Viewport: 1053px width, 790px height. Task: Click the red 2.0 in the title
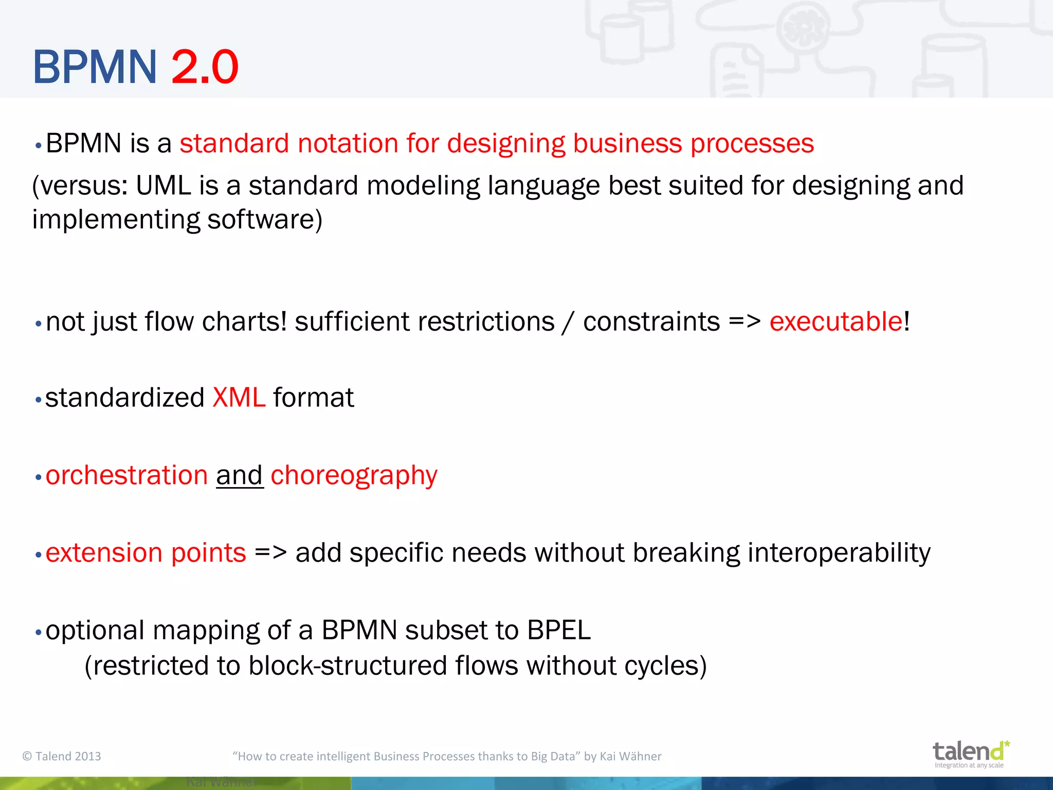(205, 67)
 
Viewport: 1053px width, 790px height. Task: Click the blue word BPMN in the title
(95, 67)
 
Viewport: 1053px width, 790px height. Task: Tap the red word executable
(836, 322)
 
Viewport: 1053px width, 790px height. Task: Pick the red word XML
(239, 398)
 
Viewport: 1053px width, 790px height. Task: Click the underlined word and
(240, 475)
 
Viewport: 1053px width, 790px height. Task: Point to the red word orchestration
(126, 475)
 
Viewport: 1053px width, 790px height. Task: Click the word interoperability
(839, 553)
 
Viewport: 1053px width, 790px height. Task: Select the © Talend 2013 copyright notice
(62, 756)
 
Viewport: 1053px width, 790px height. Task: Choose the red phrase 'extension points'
(146, 553)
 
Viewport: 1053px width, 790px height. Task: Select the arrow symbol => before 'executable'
(744, 322)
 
